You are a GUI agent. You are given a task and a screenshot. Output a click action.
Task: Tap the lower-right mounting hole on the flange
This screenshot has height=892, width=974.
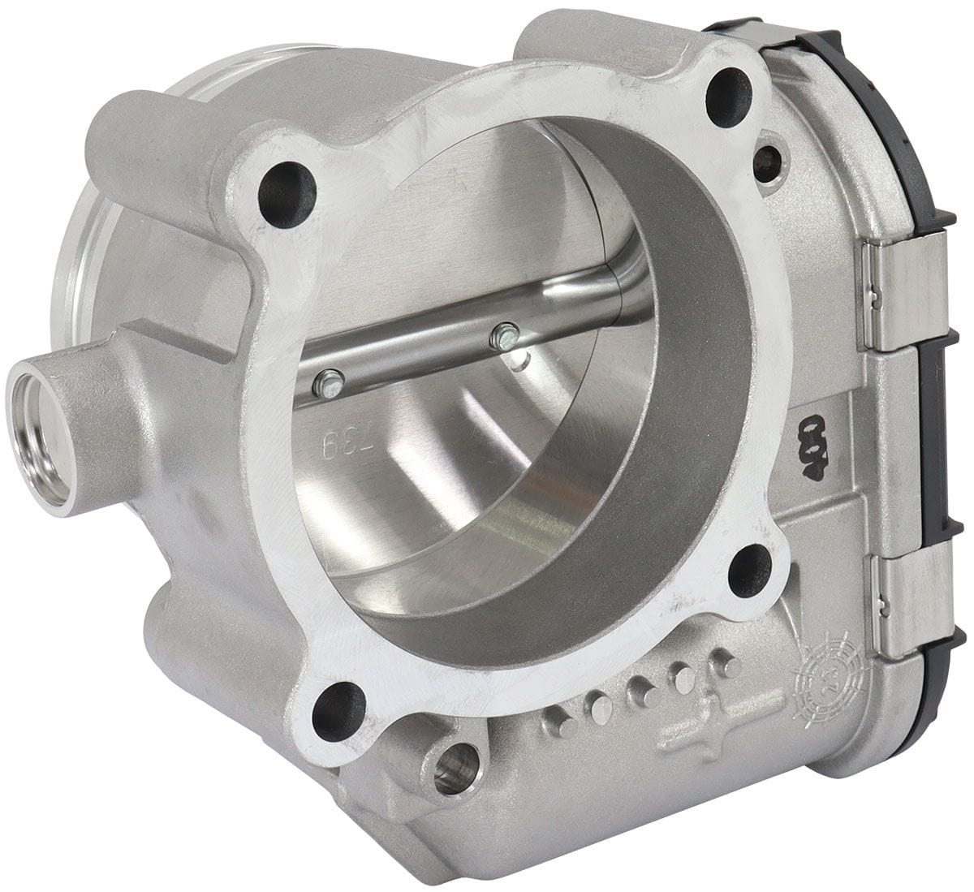(749, 571)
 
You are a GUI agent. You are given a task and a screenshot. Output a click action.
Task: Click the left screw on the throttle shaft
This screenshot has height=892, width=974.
(327, 381)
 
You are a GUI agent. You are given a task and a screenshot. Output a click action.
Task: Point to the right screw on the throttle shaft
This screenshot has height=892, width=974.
(505, 334)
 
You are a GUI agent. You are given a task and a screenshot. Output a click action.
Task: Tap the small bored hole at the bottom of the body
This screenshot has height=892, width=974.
(455, 767)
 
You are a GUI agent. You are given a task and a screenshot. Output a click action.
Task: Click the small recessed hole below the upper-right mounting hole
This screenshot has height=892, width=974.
(767, 163)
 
